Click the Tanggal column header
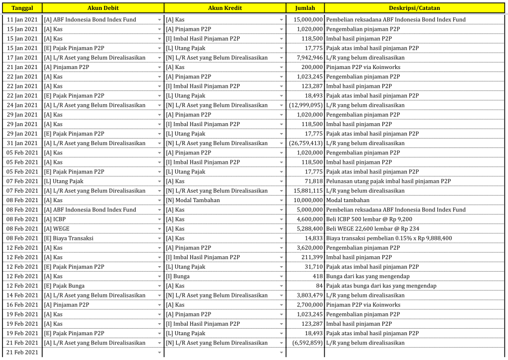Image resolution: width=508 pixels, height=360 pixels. click(22, 8)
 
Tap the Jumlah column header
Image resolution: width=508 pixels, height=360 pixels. click(305, 8)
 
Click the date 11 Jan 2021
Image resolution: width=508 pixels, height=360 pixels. click(22, 20)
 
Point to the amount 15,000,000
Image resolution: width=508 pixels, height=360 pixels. click(308, 20)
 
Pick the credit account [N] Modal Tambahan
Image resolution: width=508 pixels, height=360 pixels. click(193, 201)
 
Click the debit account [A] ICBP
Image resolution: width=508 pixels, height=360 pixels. click(55, 219)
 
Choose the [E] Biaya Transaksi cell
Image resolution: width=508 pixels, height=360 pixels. click(69, 238)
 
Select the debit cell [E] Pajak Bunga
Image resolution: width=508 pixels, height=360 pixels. click(64, 286)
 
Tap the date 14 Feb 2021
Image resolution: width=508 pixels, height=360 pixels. click(22, 295)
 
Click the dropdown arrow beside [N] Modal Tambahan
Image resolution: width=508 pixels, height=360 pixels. click(282, 201)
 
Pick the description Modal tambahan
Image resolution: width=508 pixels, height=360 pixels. click(348, 201)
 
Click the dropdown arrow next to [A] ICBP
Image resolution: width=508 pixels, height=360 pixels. click(159, 219)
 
